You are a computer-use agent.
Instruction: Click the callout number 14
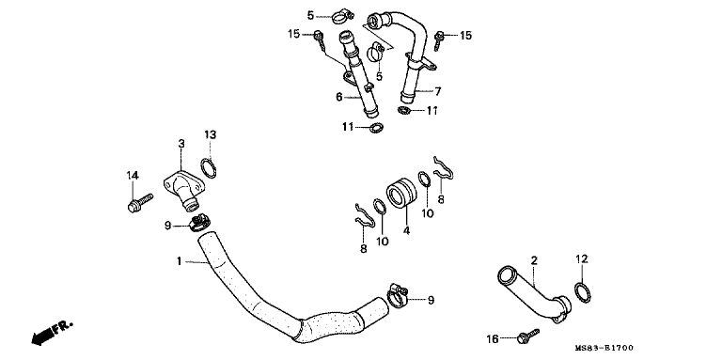pos(133,176)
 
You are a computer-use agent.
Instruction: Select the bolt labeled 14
pos(140,203)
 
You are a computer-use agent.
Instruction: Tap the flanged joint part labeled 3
pos(183,190)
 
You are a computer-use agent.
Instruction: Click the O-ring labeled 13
pos(209,167)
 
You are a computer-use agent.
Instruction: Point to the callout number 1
pos(180,261)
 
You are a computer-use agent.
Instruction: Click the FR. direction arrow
pos(52,334)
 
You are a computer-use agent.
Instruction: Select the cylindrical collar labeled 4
pos(401,194)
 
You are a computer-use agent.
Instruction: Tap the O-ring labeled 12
pos(583,292)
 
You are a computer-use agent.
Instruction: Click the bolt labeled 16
pos(527,336)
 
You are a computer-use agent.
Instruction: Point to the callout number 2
pos(534,260)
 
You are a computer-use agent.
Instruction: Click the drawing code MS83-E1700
pos(604,348)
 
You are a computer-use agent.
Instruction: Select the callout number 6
pos(339,97)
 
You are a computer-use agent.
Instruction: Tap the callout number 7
pos(437,91)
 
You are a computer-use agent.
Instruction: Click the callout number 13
pos(210,135)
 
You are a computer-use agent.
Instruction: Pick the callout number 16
pos(493,339)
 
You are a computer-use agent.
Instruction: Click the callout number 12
pos(582,259)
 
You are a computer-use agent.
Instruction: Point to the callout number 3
pos(181,144)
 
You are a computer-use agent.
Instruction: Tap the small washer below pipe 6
pos(377,128)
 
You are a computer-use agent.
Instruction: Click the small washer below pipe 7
pos(404,111)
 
